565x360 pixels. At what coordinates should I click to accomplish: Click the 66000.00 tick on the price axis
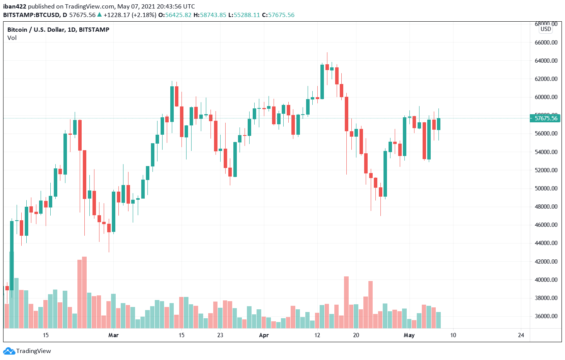click(x=546, y=42)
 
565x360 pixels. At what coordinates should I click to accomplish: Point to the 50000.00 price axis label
click(x=546, y=189)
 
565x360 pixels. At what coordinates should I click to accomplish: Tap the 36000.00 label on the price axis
click(x=546, y=316)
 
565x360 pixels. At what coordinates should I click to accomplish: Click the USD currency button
click(x=546, y=29)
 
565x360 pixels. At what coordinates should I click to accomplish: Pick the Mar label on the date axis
click(x=113, y=335)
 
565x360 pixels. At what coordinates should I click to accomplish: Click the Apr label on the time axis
click(x=264, y=335)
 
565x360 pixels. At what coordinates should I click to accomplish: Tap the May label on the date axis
click(x=409, y=335)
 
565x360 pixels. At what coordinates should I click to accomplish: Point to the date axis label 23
click(x=220, y=335)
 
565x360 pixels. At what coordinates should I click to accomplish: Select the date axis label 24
click(x=521, y=335)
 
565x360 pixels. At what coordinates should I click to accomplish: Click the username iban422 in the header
click(x=15, y=7)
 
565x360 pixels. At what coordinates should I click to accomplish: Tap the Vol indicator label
click(x=12, y=38)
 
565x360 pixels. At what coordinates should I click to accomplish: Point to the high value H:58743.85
click(x=210, y=15)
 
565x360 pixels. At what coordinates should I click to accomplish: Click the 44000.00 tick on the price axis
click(x=546, y=243)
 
